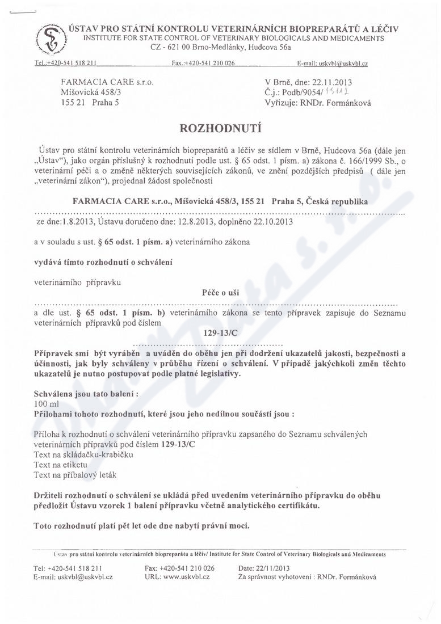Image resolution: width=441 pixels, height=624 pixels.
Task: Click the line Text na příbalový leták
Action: pos(75,475)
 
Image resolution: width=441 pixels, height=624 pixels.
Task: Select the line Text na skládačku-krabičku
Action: pos(83,455)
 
